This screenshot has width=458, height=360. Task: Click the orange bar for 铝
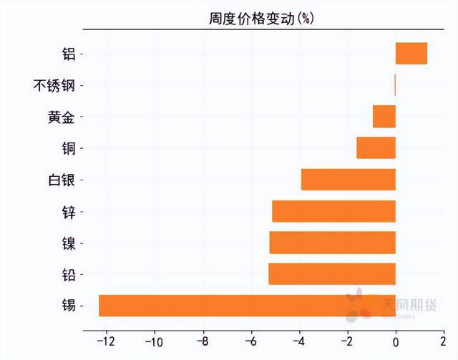(x=411, y=54)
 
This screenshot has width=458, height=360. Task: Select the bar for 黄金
(x=384, y=116)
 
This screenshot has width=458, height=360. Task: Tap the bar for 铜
(x=376, y=147)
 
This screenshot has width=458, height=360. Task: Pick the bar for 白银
(x=348, y=179)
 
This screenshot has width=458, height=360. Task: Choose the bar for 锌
(x=333, y=211)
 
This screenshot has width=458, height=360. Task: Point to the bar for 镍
(x=332, y=243)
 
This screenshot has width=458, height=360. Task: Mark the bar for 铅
(x=331, y=274)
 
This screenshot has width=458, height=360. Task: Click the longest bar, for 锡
(x=247, y=306)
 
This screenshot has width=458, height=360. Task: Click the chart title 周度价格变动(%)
(x=261, y=19)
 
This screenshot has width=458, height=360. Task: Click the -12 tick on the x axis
(x=105, y=341)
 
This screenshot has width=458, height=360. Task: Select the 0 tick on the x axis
(x=396, y=341)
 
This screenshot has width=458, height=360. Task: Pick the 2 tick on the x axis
(x=444, y=341)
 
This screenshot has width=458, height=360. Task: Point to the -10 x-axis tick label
(x=154, y=341)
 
